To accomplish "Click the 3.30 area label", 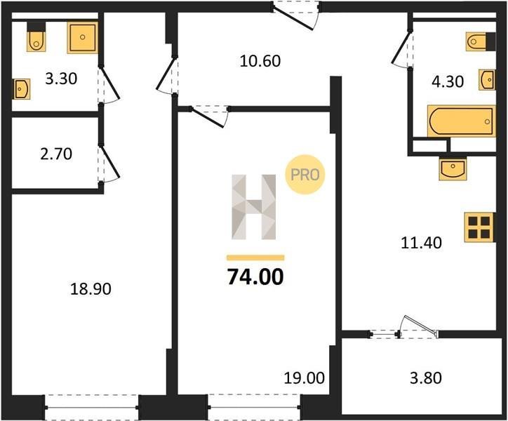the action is click(x=61, y=79).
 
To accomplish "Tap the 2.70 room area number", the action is click(x=56, y=154).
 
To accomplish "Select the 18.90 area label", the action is click(x=91, y=289).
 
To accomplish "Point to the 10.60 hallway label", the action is click(x=260, y=61).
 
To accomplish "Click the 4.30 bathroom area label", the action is click(x=448, y=81).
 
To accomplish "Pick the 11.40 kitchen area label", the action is click(x=421, y=242).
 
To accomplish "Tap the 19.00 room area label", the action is click(x=305, y=378).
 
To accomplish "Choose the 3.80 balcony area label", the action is click(x=426, y=378).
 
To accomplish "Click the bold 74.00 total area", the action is click(x=255, y=277).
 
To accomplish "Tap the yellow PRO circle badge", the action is click(x=305, y=175).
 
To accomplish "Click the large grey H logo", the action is click(x=254, y=207).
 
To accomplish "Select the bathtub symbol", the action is click(x=462, y=121).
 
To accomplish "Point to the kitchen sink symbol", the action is click(x=453, y=169).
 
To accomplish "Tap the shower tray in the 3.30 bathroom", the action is click(x=83, y=37).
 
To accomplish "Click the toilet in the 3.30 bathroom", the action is click(x=36, y=36).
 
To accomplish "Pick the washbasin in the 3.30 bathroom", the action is click(x=22, y=88).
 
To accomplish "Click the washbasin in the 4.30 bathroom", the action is click(x=487, y=79).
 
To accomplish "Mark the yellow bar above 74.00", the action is click(x=255, y=258).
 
